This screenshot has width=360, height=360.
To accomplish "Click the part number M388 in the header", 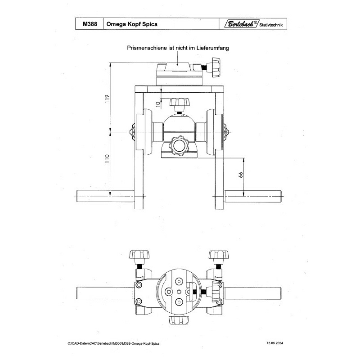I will pyautogui.click(x=89, y=25).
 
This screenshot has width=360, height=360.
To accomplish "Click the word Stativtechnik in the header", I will pyautogui.click(x=272, y=25).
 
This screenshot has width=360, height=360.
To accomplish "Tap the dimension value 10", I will pyautogui.click(x=157, y=103).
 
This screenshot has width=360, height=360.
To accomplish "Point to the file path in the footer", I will pyautogui.click(x=114, y=343).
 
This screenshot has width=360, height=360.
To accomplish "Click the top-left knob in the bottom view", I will pyautogui.click(x=139, y=255).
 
